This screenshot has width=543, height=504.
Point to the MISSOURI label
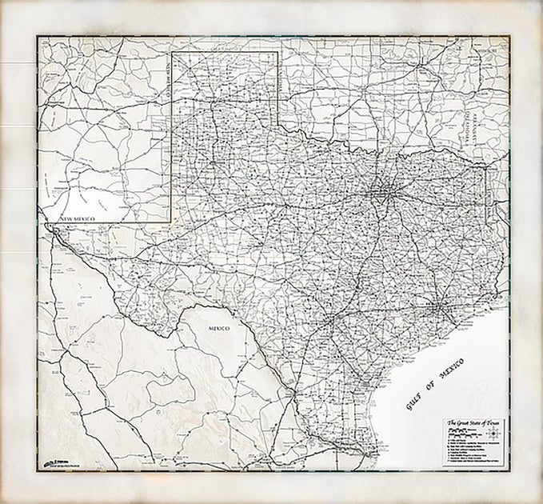click(485, 50)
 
